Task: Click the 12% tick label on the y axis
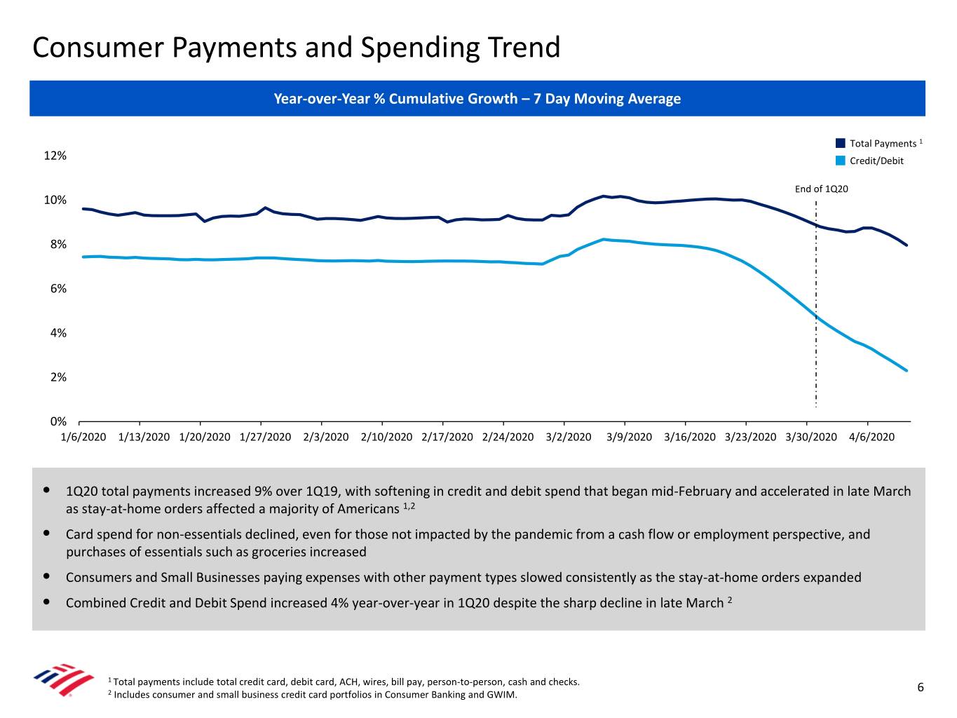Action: point(55,156)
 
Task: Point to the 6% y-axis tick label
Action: point(58,289)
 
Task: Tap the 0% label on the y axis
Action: point(58,421)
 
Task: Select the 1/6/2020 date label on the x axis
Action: point(83,437)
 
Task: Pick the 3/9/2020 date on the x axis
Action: point(629,437)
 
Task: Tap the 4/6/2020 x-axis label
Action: point(871,437)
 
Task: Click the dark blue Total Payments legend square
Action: point(841,143)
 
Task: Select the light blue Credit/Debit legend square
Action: point(841,161)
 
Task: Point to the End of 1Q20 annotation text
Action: point(821,189)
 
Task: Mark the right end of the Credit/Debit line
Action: point(907,370)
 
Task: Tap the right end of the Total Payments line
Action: point(907,245)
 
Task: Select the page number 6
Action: point(921,687)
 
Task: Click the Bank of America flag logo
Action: point(64,679)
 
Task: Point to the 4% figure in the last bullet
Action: point(339,603)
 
